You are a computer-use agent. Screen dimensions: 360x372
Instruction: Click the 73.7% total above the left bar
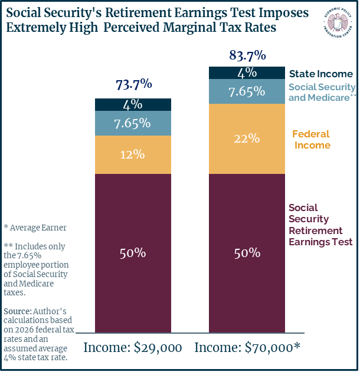(x=134, y=84)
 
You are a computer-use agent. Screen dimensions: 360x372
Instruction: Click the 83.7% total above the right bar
(x=247, y=55)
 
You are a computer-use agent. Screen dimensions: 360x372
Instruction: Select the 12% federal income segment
(x=133, y=154)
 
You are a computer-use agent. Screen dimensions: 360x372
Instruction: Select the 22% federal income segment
(x=247, y=139)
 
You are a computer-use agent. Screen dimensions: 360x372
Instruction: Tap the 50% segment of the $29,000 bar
(x=133, y=253)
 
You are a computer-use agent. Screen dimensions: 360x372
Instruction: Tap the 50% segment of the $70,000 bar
(x=247, y=253)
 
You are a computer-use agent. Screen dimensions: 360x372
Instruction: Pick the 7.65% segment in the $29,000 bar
(x=133, y=123)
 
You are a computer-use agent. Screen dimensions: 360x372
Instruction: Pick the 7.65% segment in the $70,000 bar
(x=247, y=91)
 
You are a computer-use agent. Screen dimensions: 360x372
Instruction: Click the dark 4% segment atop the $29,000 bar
(x=133, y=104)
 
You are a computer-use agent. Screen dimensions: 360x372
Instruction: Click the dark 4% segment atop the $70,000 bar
(x=247, y=73)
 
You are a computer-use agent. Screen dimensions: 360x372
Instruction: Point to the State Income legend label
(x=321, y=74)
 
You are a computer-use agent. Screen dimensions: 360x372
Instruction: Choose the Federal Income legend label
(x=312, y=140)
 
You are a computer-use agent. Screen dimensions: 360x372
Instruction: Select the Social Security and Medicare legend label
(x=322, y=93)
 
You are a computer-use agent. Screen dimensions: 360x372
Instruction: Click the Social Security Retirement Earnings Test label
(x=320, y=225)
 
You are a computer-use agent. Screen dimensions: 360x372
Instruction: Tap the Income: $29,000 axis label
(x=133, y=348)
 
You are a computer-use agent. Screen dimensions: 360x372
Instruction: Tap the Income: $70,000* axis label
(x=247, y=348)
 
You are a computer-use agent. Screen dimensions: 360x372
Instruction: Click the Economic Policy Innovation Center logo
(x=338, y=23)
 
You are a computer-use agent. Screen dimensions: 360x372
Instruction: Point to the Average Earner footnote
(x=35, y=228)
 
